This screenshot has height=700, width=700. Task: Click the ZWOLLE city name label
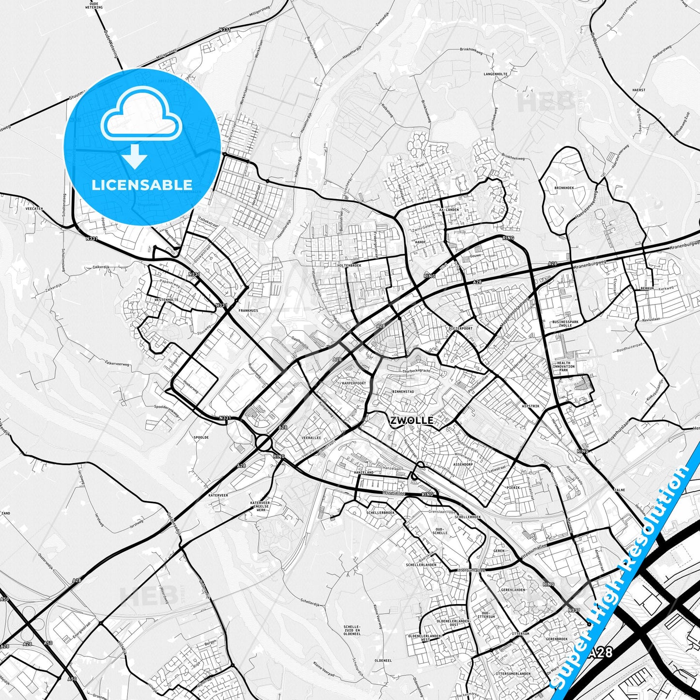(x=411, y=420)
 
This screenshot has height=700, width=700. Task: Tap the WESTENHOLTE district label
(x=166, y=300)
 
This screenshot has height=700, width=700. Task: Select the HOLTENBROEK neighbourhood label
(x=349, y=265)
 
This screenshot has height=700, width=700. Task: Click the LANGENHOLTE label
(x=496, y=74)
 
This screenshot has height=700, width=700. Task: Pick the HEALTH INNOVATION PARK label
(x=563, y=366)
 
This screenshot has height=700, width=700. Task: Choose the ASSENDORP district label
(x=463, y=464)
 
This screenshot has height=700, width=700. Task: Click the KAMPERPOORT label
(x=354, y=383)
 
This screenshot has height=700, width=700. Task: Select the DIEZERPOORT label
(x=460, y=328)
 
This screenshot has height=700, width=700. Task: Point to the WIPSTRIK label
(x=530, y=406)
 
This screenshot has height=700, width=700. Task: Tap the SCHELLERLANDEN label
(x=421, y=564)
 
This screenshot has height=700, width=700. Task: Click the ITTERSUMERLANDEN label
(x=513, y=673)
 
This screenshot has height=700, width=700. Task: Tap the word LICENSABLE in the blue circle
(x=142, y=185)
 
